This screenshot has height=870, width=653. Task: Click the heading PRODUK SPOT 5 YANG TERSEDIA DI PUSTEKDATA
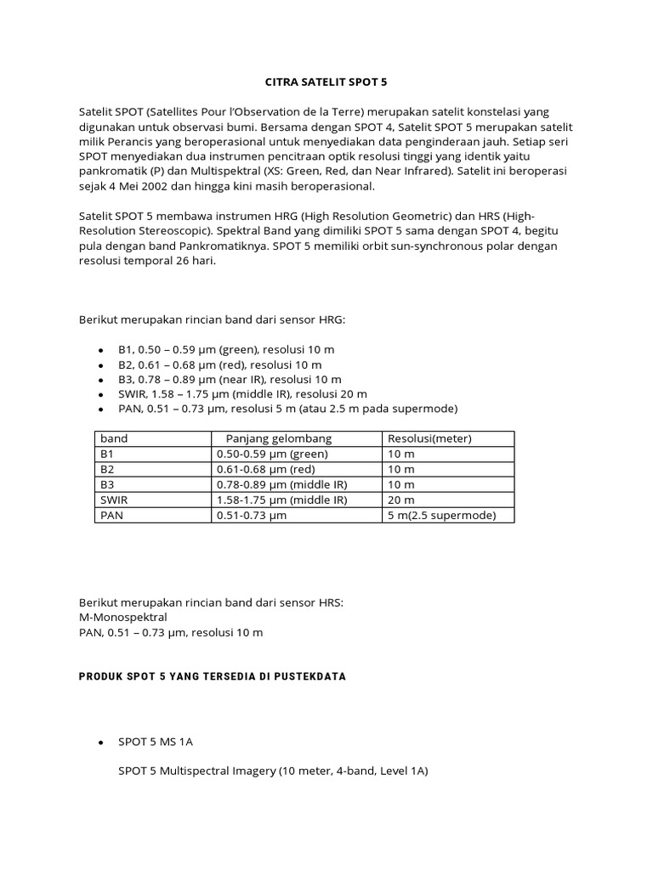point(212,676)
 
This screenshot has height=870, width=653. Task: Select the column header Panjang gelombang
point(278,438)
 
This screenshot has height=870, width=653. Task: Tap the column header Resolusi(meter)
point(429,438)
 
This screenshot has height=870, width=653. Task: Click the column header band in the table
point(114,438)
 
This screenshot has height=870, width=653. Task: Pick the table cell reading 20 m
point(401,500)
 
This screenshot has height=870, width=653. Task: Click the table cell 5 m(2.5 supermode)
point(441,515)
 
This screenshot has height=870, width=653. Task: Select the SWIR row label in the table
point(114,500)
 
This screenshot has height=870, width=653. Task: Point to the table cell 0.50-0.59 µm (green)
point(272,454)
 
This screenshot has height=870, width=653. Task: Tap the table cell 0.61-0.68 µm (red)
point(265,469)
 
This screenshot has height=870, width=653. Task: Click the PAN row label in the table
point(112,515)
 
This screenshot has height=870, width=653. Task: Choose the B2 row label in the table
point(107,469)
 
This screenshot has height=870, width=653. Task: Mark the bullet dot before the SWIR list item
point(100,394)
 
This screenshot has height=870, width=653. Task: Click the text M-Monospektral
point(122,617)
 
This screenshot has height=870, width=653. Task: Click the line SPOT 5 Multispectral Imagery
point(272,771)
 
